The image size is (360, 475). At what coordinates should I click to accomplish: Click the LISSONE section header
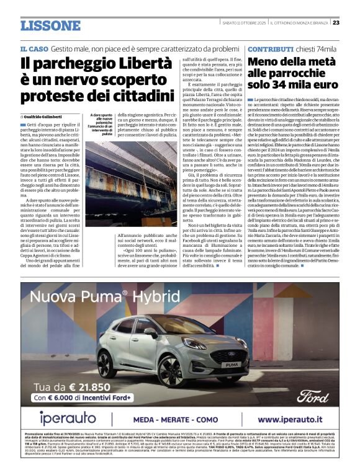coord(50,25)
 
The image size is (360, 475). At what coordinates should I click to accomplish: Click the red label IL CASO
coord(34,48)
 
